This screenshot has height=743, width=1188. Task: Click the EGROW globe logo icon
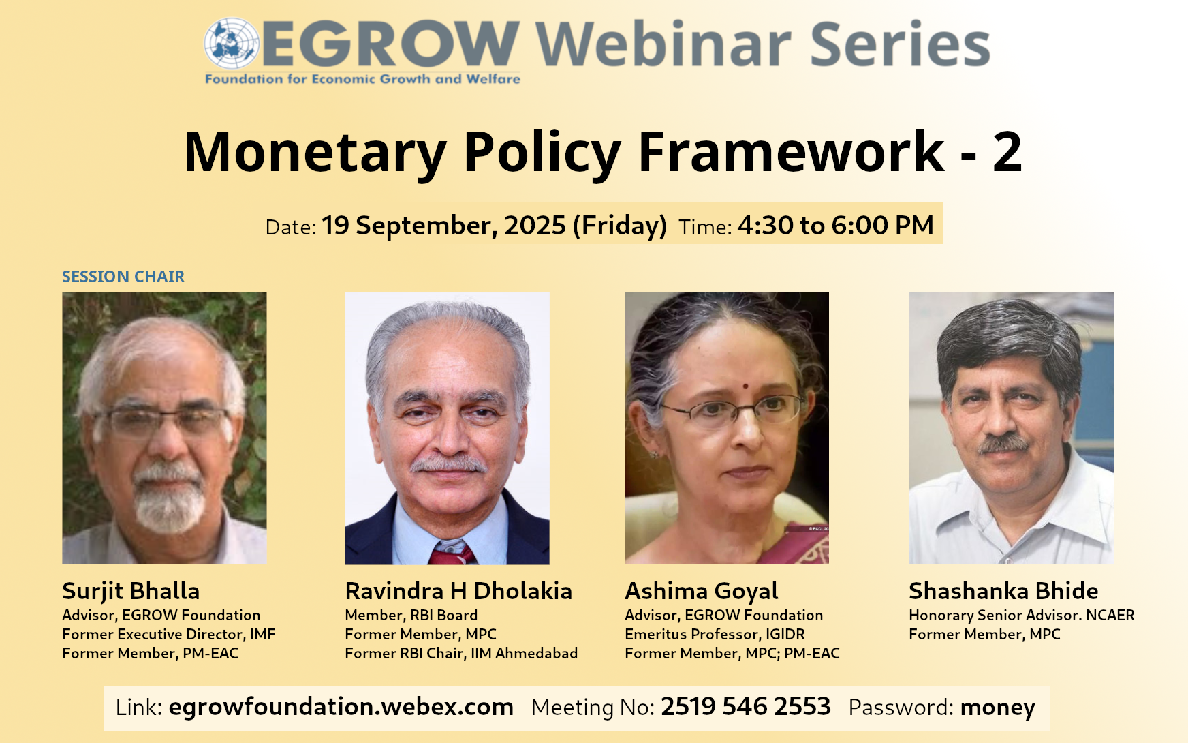point(232,43)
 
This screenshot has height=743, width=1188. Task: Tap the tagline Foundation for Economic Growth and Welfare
point(362,79)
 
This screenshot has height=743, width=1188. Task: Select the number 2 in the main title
point(1007,151)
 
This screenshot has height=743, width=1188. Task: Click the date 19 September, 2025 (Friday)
point(494,226)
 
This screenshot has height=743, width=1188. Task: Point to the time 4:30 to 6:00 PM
point(835,226)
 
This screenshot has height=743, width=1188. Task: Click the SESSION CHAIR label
point(123,277)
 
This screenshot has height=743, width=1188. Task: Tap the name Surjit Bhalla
point(131,591)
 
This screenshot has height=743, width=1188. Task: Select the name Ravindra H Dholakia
point(458,591)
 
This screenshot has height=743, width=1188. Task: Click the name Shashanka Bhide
point(1003,591)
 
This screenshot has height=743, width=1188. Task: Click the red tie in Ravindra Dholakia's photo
point(450,554)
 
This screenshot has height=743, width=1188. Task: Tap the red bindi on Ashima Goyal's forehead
point(745,386)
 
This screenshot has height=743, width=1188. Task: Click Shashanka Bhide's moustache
point(1003,444)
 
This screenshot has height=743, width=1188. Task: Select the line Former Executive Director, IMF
point(169,635)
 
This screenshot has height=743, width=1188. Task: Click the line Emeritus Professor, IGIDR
point(715,635)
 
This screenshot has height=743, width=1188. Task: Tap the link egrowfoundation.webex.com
point(341,707)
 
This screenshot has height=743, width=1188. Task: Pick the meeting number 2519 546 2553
point(746,707)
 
